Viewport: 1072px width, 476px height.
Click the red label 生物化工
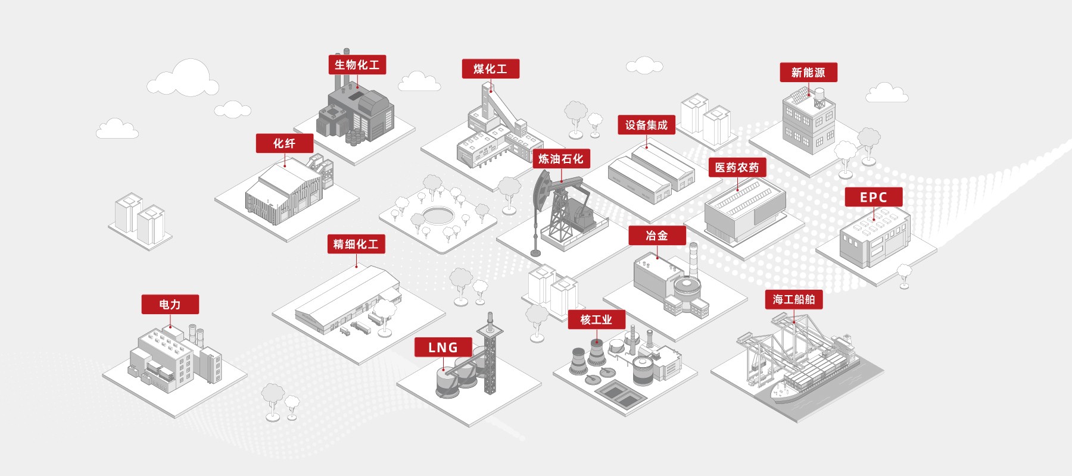coord(357,65)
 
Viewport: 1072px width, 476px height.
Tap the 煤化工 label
coord(491,69)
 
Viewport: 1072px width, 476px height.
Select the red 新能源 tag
coord(809,73)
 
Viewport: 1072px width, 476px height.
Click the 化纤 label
coord(285,143)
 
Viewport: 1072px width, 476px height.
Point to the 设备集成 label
coord(647,125)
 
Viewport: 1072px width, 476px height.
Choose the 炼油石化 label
coord(561,159)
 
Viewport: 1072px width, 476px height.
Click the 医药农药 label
coord(737,168)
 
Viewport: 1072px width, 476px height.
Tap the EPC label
coord(874,197)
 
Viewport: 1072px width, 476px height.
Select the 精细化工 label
coord(356,244)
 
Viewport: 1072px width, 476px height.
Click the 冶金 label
coord(657,236)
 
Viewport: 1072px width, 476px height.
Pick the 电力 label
coord(170,305)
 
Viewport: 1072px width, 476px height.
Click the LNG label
coord(443,347)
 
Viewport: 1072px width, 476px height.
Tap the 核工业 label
coord(597,320)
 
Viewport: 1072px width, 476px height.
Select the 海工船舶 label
coord(794,300)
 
